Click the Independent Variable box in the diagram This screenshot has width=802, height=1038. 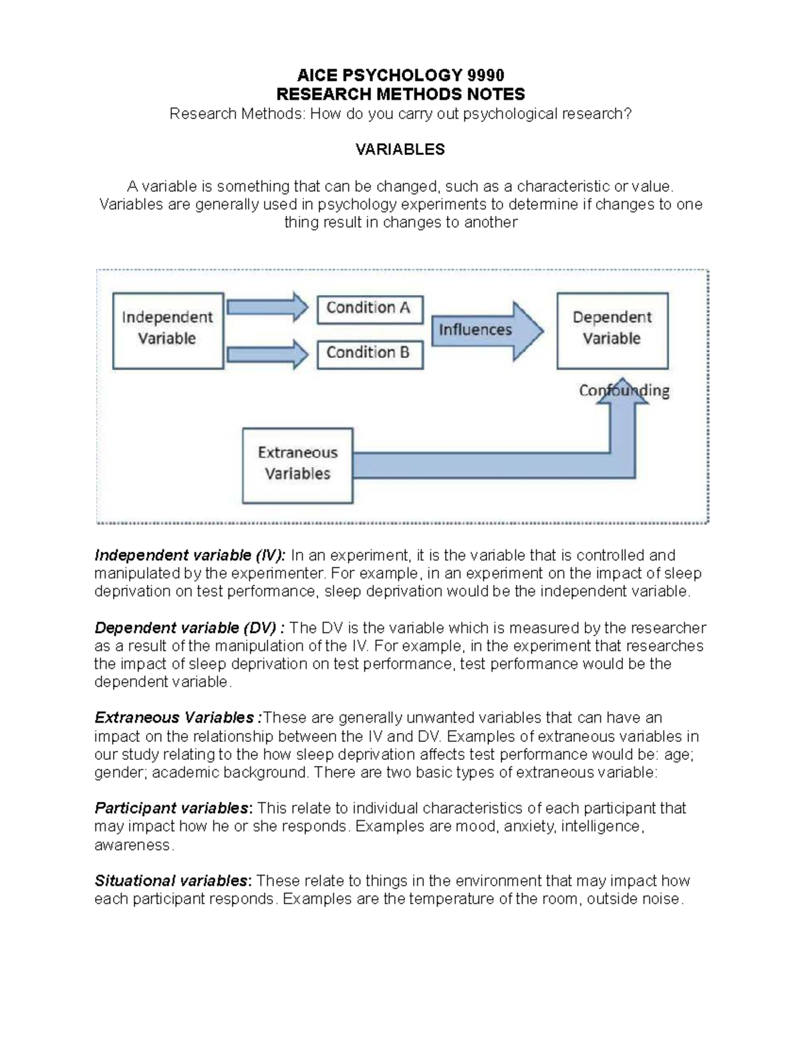point(168,331)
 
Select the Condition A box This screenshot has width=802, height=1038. point(370,309)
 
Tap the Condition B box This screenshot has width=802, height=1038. point(370,354)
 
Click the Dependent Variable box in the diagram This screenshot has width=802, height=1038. point(612,331)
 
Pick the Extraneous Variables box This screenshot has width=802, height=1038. point(297,465)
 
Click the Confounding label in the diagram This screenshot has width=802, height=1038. point(624,390)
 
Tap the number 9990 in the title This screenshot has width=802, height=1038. point(486,75)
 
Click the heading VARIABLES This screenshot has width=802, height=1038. point(400,150)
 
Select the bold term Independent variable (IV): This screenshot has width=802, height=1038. point(190,555)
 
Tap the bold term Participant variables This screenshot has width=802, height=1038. point(173,808)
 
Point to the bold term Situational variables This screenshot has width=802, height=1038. point(173,881)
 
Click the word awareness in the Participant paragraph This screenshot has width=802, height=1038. point(134,845)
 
